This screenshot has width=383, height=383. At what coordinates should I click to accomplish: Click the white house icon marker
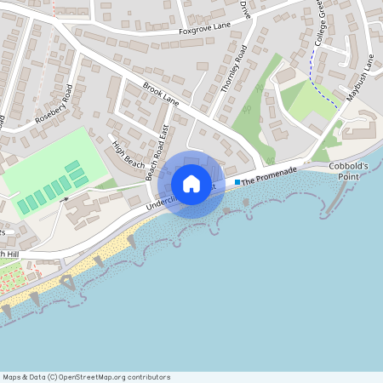(x=191, y=184)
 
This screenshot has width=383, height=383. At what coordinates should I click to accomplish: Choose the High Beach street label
(x=129, y=151)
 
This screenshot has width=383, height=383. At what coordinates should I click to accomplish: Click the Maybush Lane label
(x=360, y=77)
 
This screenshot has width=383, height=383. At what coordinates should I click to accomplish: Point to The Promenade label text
(x=269, y=175)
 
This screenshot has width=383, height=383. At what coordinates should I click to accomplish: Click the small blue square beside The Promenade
(x=237, y=181)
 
